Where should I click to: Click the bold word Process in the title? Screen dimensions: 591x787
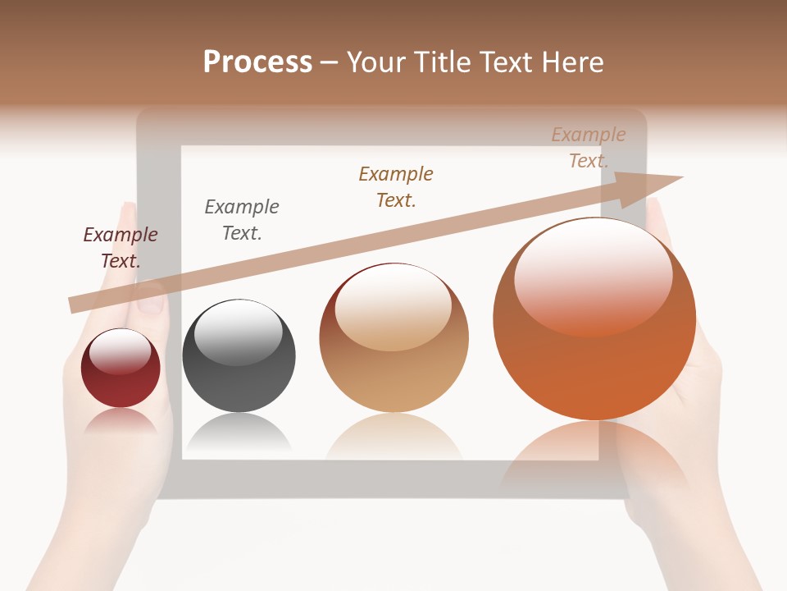click(x=257, y=62)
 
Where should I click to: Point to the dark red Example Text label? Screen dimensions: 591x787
click(x=121, y=248)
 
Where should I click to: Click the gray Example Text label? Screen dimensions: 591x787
click(x=242, y=220)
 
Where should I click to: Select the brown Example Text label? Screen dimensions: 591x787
click(x=396, y=187)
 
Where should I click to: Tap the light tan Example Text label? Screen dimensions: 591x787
click(x=588, y=148)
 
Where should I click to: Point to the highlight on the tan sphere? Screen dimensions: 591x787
click(x=393, y=306)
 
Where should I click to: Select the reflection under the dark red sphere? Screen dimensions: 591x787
click(x=121, y=420)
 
